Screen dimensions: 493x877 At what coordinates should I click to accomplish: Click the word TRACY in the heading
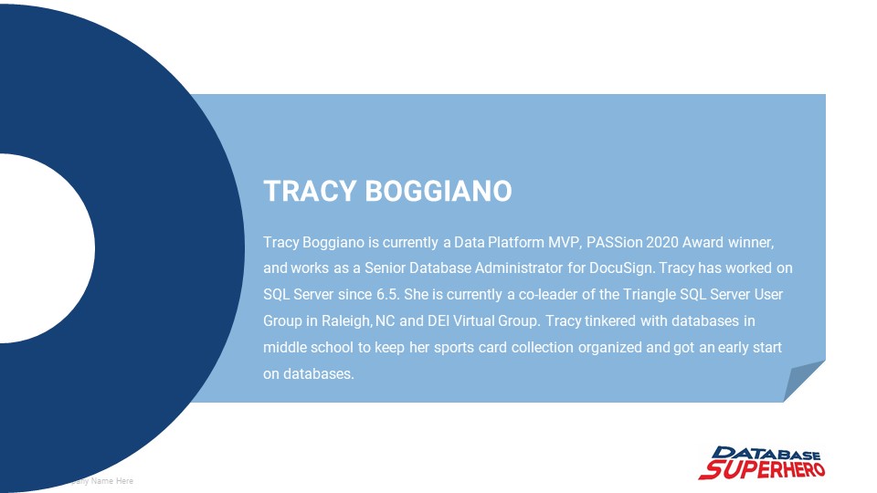click(310, 192)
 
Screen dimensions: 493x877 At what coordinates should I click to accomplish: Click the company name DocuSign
click(621, 268)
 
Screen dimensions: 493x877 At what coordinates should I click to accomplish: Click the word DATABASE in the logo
click(767, 454)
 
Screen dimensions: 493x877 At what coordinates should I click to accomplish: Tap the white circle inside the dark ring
click(41, 247)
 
